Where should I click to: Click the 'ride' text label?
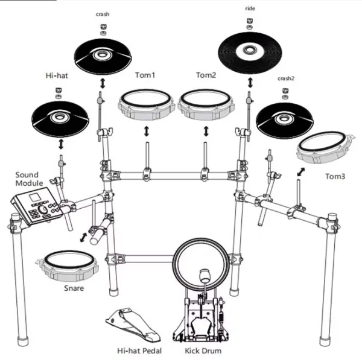tap(250, 8)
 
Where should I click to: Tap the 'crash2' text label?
tap(286, 78)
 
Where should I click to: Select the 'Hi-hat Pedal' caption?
tap(139, 351)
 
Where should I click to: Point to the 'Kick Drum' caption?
tap(203, 351)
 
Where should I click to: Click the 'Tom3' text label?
tap(335, 176)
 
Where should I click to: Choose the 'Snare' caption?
tap(74, 288)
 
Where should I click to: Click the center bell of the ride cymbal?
tap(249, 49)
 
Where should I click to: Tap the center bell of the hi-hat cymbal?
tap(60, 117)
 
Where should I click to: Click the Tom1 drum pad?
tap(145, 104)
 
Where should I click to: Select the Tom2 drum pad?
tap(206, 104)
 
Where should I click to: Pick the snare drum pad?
tap(68, 265)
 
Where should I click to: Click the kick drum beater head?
tap(205, 275)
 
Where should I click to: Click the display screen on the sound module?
tap(35, 197)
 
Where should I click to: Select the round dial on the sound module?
tap(43, 209)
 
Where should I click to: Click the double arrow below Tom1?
tap(146, 131)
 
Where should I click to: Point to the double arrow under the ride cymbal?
tap(250, 83)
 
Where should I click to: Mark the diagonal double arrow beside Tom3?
tap(301, 172)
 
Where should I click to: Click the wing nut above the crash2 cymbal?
tap(285, 91)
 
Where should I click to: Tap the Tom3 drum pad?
tap(326, 147)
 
